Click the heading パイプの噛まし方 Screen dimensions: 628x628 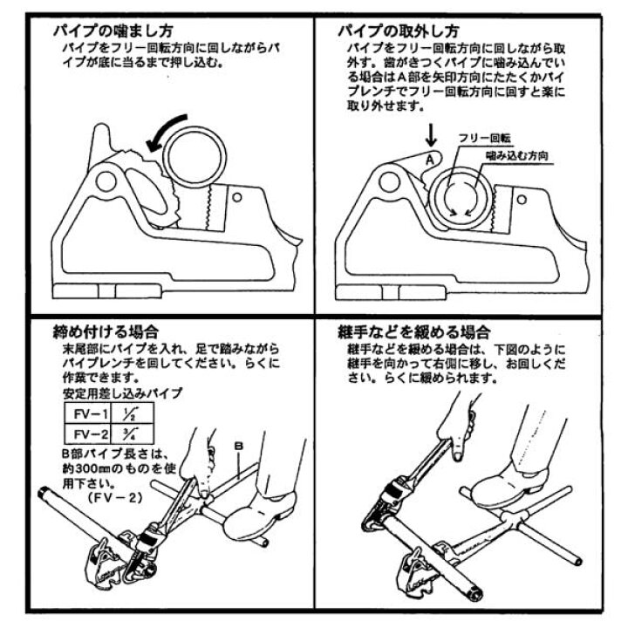point(113,31)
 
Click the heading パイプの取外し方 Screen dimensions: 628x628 point(399,31)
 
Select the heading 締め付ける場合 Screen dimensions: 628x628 point(106,331)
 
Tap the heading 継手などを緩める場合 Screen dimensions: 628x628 point(414,332)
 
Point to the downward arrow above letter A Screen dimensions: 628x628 point(431,136)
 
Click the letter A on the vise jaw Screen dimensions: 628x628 point(430,160)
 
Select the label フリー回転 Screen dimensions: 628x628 point(485,139)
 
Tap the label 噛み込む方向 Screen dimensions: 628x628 point(517,156)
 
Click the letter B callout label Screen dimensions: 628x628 point(239,446)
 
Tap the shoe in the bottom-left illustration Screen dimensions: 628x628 point(260,516)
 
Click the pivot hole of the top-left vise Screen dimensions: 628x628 point(106,181)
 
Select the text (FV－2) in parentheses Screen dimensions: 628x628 point(115,498)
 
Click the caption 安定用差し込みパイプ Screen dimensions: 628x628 point(123,392)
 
